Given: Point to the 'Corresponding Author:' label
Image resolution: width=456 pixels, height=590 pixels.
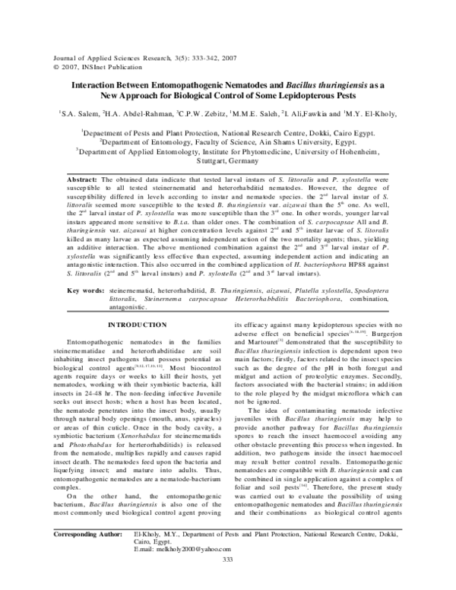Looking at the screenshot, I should [x=87, y=556].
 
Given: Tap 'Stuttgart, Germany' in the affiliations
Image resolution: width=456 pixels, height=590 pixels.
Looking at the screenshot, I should [x=226, y=161].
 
